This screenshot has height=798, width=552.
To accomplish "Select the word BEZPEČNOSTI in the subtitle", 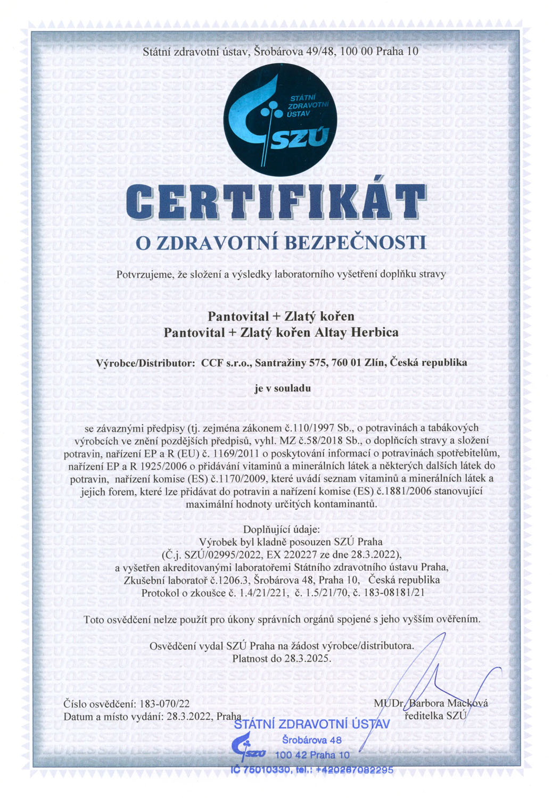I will click(356, 243).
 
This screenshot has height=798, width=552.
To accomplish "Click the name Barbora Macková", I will click(448, 703).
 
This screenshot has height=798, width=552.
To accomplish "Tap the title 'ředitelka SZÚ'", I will click(435, 716).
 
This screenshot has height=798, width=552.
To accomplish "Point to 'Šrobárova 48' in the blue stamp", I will click(312, 740).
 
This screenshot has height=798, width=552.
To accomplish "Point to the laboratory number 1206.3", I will click(233, 580).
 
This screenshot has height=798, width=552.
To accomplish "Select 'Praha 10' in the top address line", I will click(397, 52).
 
